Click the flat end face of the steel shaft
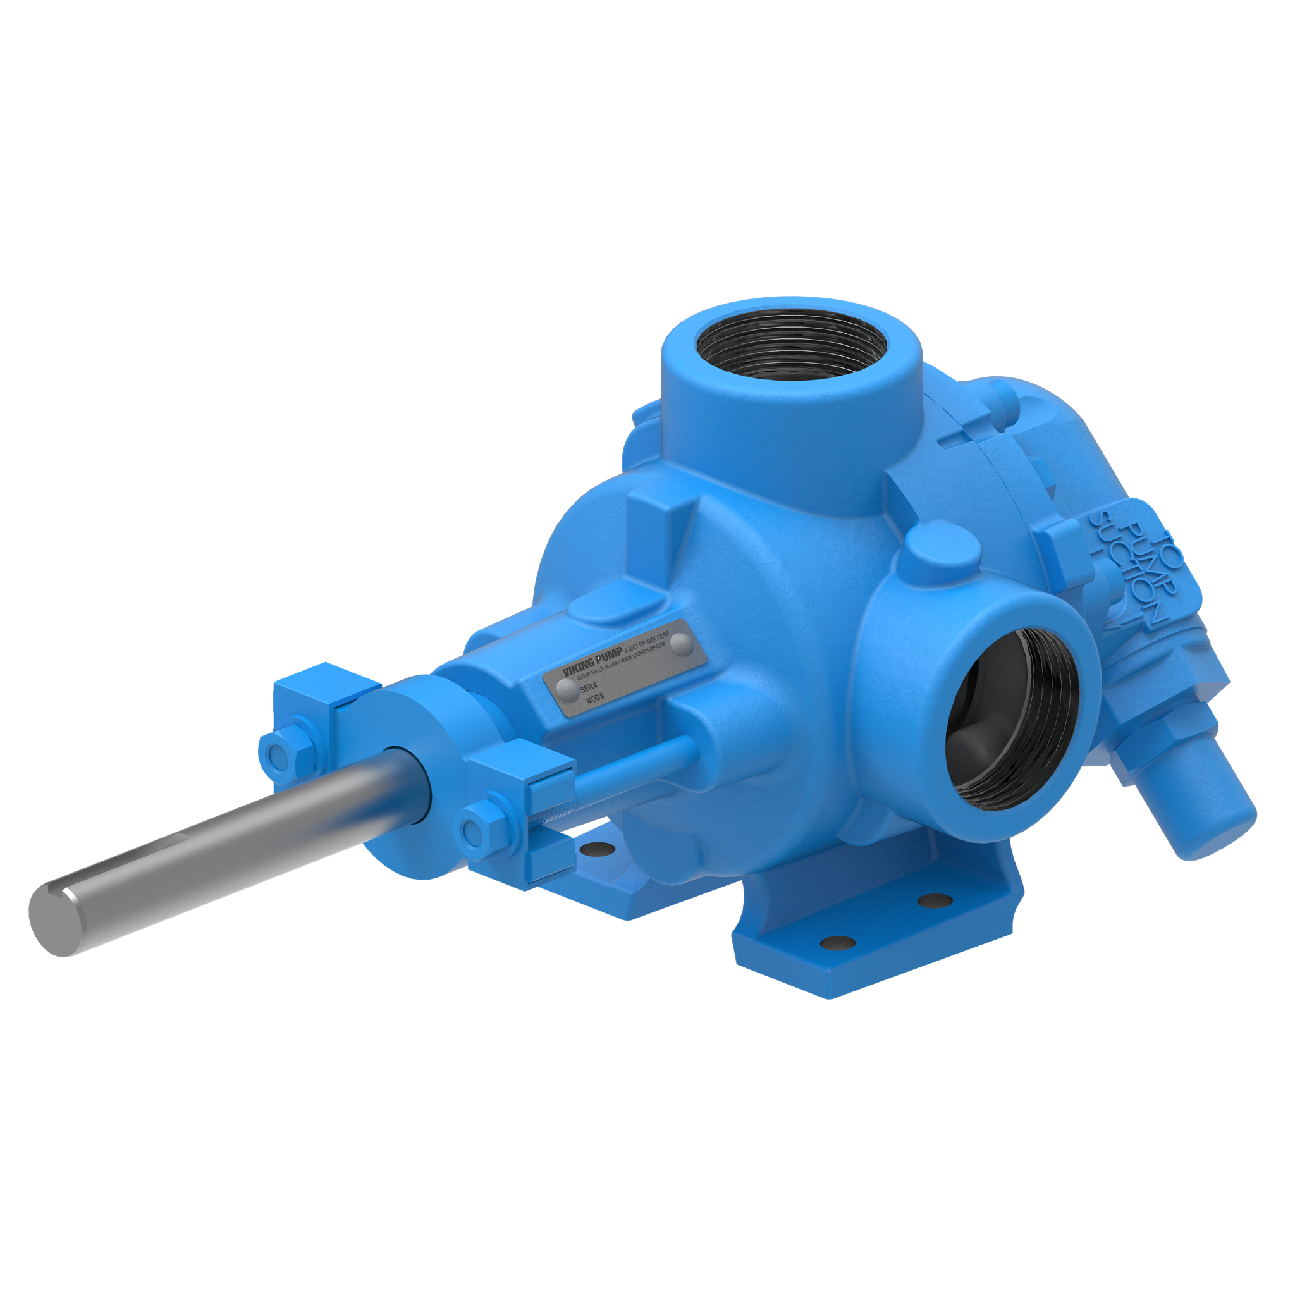56,919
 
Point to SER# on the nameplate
589,687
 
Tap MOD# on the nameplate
595,699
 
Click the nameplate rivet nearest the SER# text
567,689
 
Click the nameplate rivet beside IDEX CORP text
680,645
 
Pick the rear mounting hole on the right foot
935,900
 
